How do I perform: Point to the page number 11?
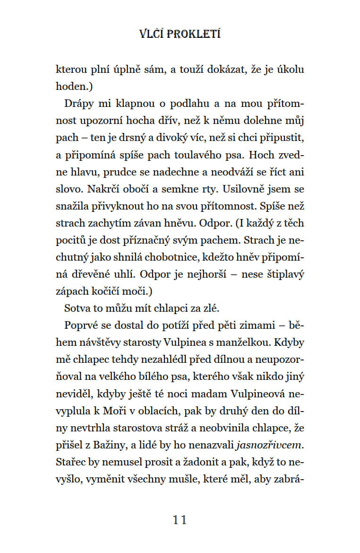(x=180, y=520)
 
